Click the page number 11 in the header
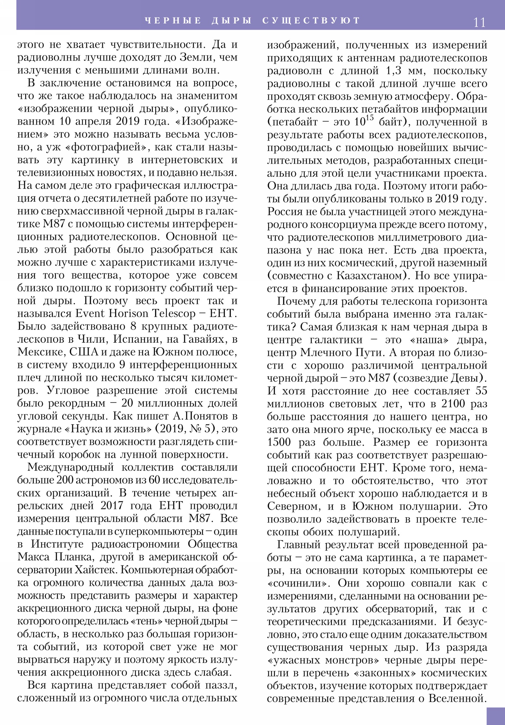point(479,22)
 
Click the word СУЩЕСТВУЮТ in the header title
point(311,20)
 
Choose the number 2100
point(453,404)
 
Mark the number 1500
point(279,442)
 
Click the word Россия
point(285,212)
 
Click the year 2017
point(112,506)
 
